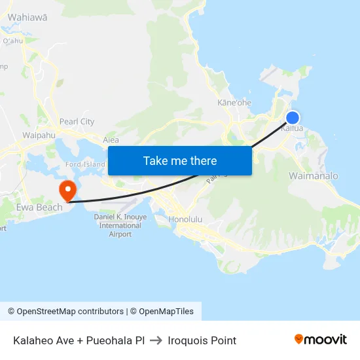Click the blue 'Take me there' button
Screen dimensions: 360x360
(179, 160)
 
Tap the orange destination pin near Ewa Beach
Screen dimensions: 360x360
(67, 190)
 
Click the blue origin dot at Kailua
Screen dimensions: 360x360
(293, 118)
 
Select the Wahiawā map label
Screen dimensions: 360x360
(27, 17)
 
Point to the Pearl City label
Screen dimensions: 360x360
(77, 122)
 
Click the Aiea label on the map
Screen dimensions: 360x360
(111, 139)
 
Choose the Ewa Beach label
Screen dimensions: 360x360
(39, 207)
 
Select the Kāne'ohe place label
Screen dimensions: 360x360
(234, 103)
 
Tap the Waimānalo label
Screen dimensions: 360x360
(314, 176)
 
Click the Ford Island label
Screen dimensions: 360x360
(85, 164)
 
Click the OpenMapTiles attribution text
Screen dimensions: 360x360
(165, 312)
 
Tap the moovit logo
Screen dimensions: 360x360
(320, 340)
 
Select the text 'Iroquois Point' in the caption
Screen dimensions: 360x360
(202, 340)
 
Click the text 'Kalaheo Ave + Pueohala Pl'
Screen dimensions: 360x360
(79, 340)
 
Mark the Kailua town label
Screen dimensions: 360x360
(291, 129)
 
